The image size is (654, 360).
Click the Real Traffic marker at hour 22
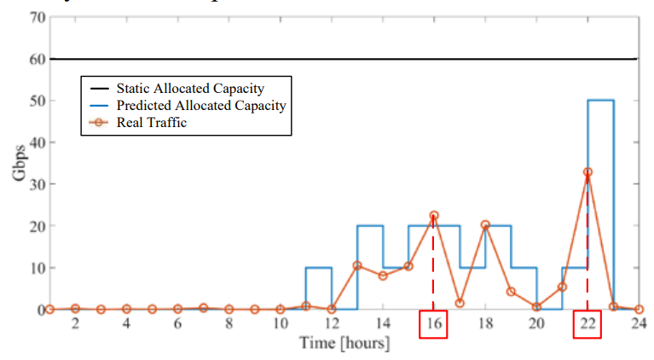coord(587,172)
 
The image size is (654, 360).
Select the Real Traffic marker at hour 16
coord(434,216)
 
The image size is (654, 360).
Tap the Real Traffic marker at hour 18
coord(485,225)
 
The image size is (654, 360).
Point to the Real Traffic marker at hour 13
coord(357,265)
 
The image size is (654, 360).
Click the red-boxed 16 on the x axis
coord(433,325)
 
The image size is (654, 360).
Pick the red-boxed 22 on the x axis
coord(587,325)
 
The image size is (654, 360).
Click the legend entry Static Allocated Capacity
coord(189,88)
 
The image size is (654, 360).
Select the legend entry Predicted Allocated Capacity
coord(200,106)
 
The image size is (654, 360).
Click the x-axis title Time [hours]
coord(344,344)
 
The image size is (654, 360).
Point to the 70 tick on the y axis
coord(36,17)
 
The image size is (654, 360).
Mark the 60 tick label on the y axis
coord(36,59)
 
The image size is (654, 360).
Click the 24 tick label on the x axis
coord(638,324)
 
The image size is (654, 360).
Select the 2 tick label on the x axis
coord(75,324)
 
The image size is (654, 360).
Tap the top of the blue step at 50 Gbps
coord(600,101)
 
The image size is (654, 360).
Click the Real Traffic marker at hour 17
coord(460,303)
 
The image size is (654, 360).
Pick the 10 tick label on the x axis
coord(280,324)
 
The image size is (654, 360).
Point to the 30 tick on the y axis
coord(36,184)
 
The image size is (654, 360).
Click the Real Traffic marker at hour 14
coord(383,276)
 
